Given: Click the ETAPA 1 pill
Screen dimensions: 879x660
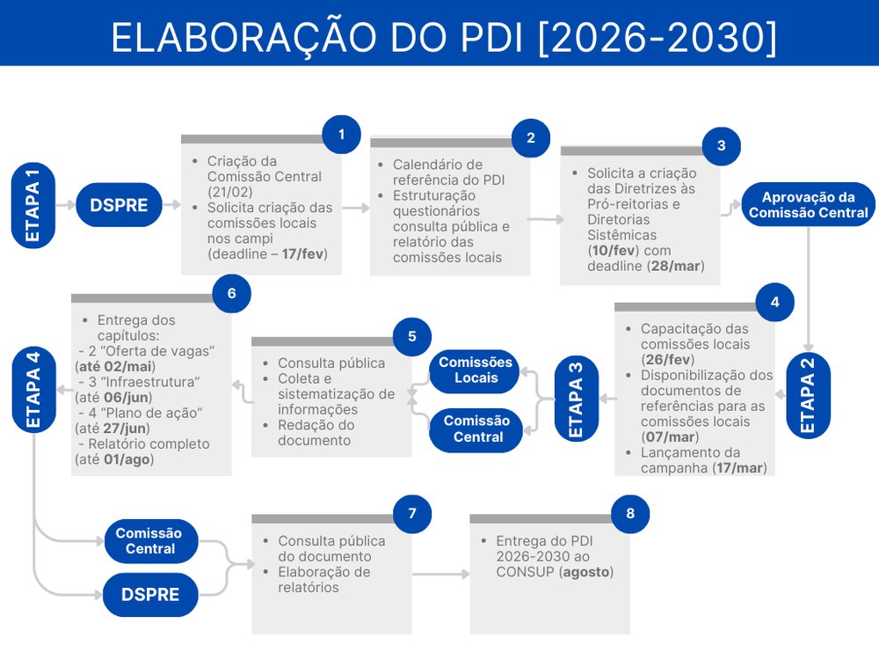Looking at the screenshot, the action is [x=33, y=205].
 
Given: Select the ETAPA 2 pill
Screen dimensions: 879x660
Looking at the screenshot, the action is [x=808, y=395].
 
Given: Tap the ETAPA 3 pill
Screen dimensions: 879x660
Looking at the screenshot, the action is [x=577, y=399].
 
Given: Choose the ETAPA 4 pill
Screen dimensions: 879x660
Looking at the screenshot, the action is [x=33, y=390].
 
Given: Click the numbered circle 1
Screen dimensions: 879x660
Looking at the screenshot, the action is [x=341, y=135].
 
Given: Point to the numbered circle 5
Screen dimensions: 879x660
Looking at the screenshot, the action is [x=412, y=337].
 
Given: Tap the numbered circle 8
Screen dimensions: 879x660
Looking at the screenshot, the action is [x=630, y=514].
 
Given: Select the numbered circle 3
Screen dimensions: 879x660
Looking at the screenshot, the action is [x=722, y=146].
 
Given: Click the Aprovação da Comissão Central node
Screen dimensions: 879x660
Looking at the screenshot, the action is [x=808, y=205].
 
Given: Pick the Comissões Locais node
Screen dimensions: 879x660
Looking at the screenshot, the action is [x=476, y=370].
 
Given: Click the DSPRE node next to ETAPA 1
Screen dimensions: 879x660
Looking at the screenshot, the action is [x=119, y=205].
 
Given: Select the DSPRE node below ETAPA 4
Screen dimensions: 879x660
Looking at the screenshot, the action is [x=150, y=594].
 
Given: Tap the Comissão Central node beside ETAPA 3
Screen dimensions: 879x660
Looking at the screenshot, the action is [x=476, y=429].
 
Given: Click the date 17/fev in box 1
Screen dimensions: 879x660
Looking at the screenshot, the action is [x=302, y=254].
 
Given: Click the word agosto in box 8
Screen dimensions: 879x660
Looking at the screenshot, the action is [x=586, y=573].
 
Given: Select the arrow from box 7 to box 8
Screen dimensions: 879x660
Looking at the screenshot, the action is [x=440, y=574].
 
